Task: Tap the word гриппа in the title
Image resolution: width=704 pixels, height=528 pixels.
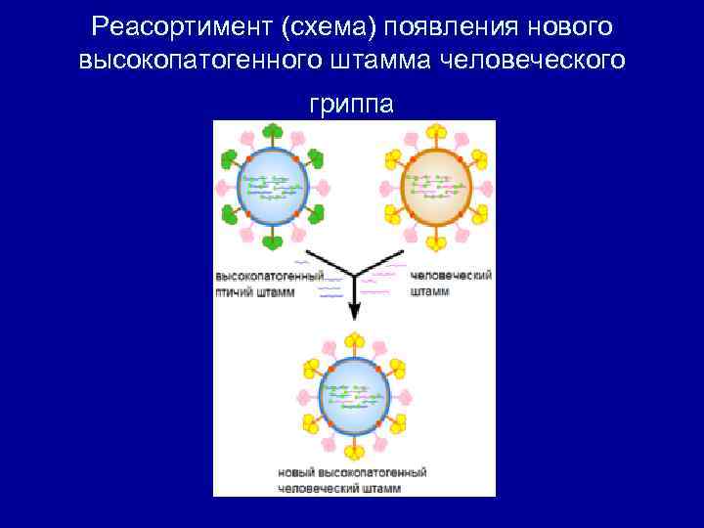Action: [x=352, y=102]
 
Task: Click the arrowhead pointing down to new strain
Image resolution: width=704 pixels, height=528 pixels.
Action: [x=354, y=311]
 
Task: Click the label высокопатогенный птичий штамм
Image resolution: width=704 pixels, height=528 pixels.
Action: [x=269, y=284]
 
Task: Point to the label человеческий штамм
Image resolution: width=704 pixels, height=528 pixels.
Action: [x=451, y=284]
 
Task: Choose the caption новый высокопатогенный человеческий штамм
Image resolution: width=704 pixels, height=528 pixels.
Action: [x=353, y=480]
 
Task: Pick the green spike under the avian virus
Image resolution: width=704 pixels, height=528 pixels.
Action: [x=273, y=241]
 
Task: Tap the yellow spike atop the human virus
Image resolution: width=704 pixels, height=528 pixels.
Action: [x=437, y=131]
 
